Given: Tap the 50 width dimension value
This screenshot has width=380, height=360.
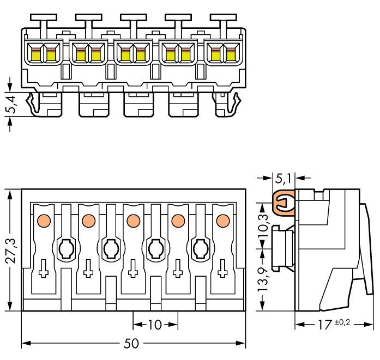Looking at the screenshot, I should coord(131,344).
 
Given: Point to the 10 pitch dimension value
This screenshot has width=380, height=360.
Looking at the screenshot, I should coord(155,325).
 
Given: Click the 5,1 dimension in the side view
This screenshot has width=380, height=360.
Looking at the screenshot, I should coord(283,178).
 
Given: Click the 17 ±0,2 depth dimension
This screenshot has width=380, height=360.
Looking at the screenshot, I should coord(333,325).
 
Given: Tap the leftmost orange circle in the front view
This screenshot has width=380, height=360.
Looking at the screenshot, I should coord(43,221).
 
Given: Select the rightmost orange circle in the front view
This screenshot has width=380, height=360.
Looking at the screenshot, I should coord(221,221).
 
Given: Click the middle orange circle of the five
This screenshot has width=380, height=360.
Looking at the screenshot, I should coord(132,221).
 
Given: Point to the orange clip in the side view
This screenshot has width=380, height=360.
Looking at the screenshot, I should coord(282,204).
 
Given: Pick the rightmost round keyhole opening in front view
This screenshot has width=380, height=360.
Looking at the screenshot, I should coord(200,249).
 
